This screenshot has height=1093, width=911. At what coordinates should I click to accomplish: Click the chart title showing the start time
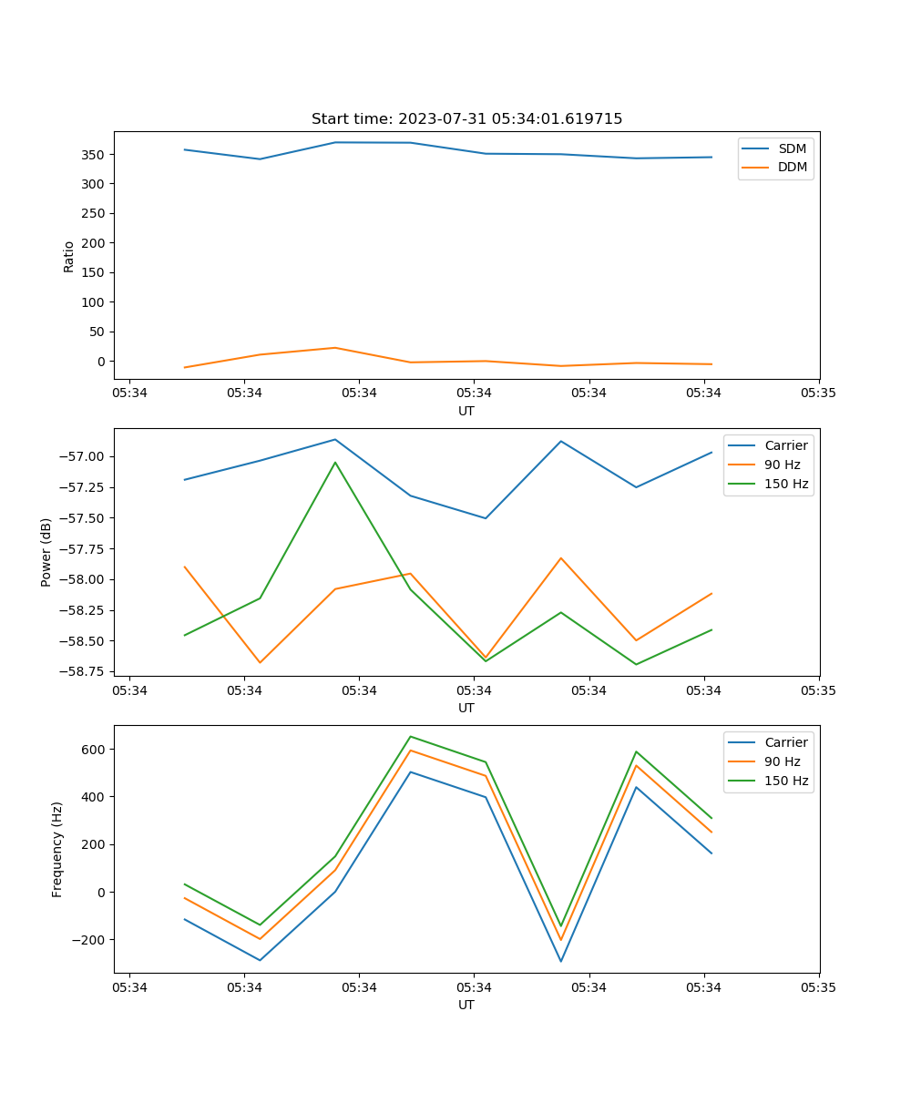[x=466, y=119]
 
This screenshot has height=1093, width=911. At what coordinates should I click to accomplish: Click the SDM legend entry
[x=792, y=148]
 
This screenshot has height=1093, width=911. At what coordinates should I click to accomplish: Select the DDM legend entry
[x=792, y=167]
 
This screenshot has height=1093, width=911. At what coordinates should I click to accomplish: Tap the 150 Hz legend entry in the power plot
[x=786, y=484]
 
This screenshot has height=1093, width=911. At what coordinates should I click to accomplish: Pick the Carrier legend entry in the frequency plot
[x=785, y=742]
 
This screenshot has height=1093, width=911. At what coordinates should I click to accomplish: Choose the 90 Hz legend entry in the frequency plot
[x=782, y=761]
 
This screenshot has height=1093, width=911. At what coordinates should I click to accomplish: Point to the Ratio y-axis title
[x=69, y=256]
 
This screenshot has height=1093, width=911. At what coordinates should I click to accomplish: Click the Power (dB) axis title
[x=46, y=552]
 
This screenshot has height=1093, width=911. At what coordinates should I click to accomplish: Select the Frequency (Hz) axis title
[x=57, y=849]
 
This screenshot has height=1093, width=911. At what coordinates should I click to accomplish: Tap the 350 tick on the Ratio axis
[x=93, y=155]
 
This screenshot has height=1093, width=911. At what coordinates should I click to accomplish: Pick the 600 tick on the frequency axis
[x=93, y=750]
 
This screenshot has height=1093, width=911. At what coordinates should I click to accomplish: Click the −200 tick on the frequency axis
[x=89, y=940]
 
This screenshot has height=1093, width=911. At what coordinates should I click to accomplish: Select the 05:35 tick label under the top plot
[x=819, y=393]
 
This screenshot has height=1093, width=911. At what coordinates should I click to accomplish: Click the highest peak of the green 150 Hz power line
[x=335, y=462]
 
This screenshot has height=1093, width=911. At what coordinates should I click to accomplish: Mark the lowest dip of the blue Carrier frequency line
[x=560, y=961]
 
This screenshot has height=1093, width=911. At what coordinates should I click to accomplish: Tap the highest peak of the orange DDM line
[x=335, y=348]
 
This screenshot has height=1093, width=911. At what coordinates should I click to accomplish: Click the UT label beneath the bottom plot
[x=466, y=1005]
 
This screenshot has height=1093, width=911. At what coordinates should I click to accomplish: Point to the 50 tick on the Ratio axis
[x=97, y=332]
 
